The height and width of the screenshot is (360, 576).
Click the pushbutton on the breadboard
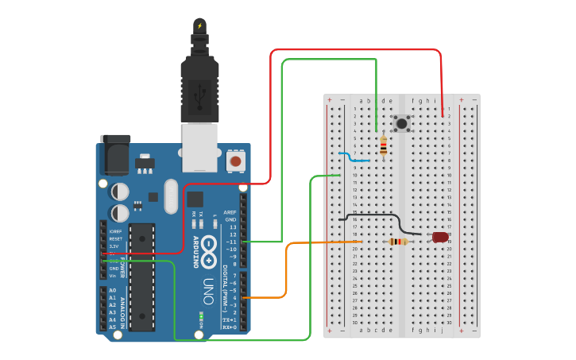402,123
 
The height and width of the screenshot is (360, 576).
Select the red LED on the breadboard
440,237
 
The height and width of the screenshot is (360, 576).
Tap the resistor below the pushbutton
384,145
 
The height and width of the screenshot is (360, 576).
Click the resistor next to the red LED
398,242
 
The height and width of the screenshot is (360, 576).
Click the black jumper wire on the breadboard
373,215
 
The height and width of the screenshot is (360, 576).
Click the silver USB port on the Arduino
200,147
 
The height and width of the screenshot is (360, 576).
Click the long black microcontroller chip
141,277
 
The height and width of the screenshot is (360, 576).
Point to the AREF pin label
230,213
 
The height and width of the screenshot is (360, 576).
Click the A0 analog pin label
112,291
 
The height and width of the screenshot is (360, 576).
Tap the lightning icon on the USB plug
199,26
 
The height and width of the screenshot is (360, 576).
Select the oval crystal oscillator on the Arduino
171,196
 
